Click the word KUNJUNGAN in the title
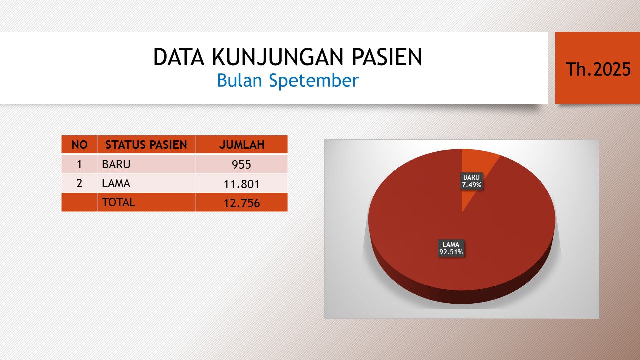click(277, 57)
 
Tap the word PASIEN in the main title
click(387, 57)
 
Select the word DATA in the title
click(179, 57)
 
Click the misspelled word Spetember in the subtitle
click(314, 81)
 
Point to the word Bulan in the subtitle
click(239, 80)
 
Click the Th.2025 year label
click(598, 69)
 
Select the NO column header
click(79, 145)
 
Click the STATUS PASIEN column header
click(146, 145)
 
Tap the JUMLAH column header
click(242, 145)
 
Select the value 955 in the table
click(241, 165)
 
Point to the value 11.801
click(241, 184)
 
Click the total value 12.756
click(242, 203)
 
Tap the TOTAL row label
click(118, 202)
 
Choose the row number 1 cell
click(79, 164)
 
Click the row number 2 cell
click(79, 183)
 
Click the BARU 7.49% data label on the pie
click(471, 181)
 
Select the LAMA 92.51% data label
click(451, 248)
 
